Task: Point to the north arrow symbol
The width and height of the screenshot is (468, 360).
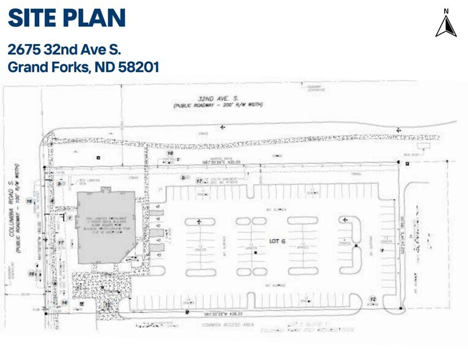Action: click(x=446, y=25)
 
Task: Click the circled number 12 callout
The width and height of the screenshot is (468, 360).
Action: click(x=372, y=299)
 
